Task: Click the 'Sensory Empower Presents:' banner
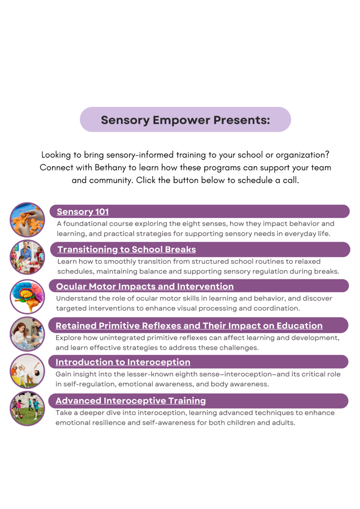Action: (x=185, y=119)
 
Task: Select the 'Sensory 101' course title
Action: (x=83, y=212)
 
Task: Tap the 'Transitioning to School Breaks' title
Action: (x=126, y=249)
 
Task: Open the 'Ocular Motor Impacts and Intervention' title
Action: (x=145, y=286)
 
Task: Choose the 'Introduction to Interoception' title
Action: (x=123, y=362)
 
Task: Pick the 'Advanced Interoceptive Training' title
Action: (x=130, y=400)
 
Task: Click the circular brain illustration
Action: (x=27, y=296)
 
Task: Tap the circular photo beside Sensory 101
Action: (x=27, y=220)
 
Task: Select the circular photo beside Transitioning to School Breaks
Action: (x=27, y=257)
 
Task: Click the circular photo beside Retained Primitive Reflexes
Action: (x=27, y=334)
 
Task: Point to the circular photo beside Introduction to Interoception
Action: (x=27, y=371)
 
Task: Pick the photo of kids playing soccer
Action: (x=27, y=408)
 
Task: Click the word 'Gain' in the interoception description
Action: (x=63, y=374)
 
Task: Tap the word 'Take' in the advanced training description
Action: (x=63, y=413)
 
